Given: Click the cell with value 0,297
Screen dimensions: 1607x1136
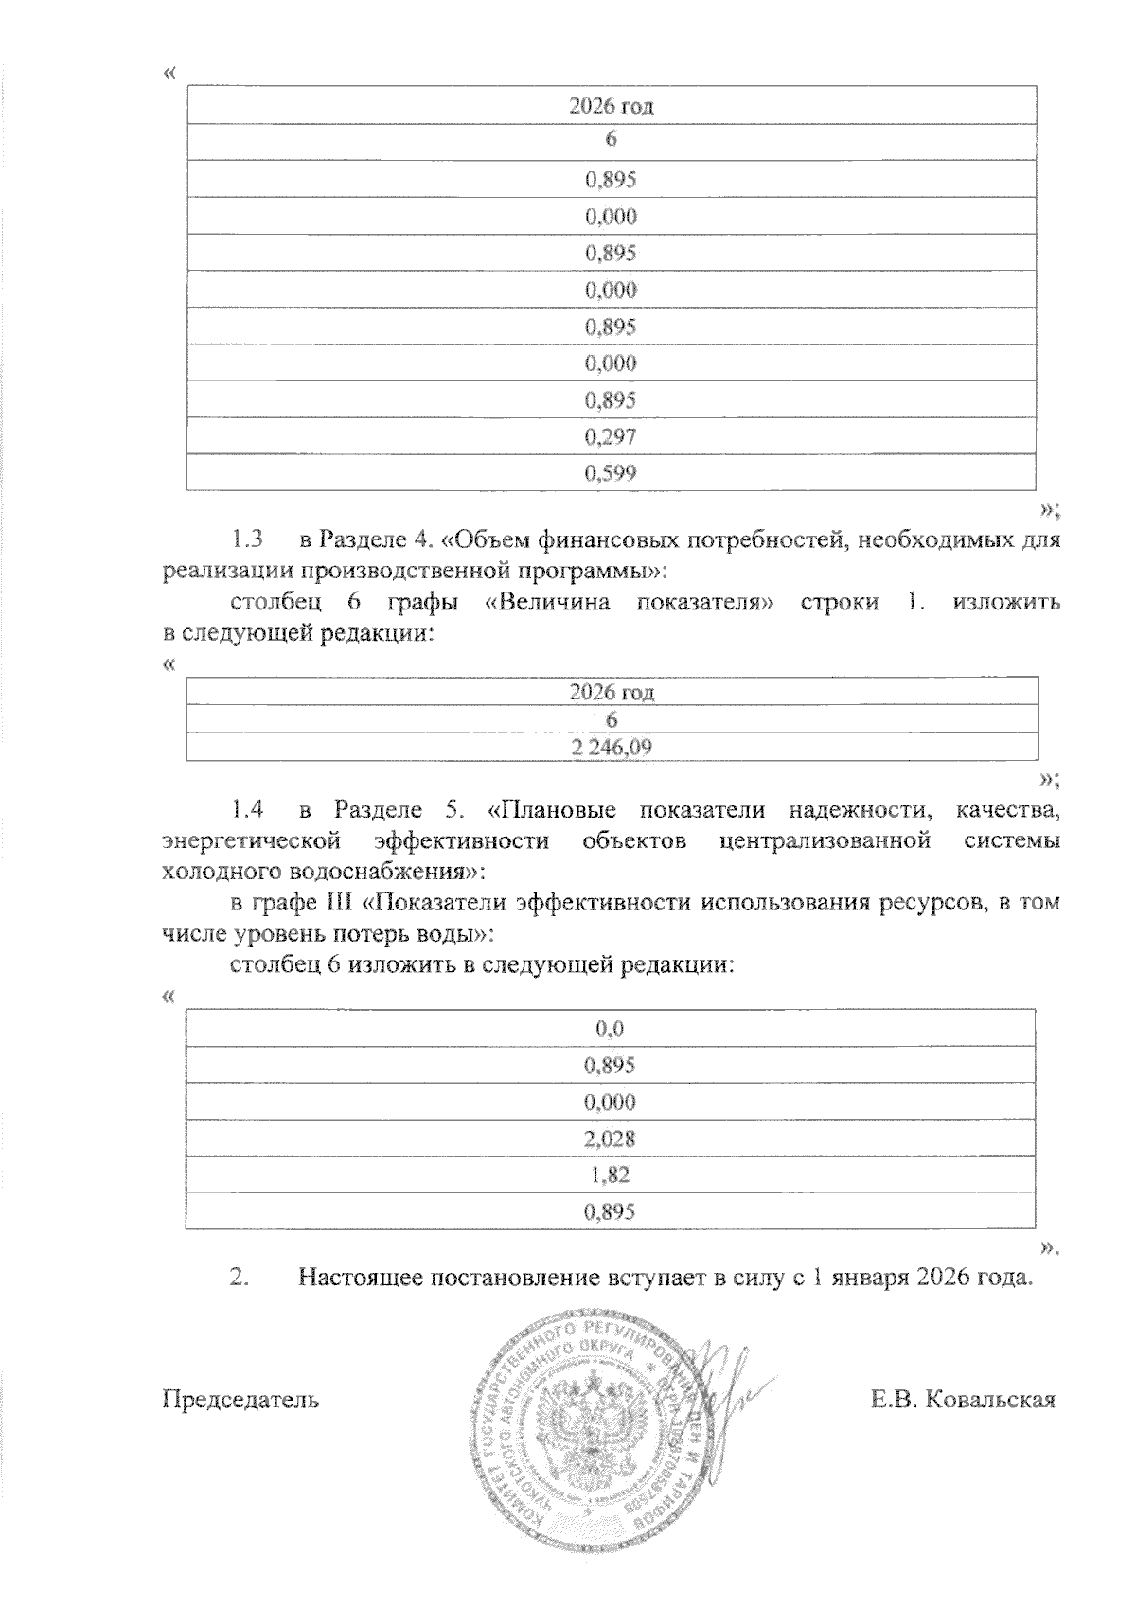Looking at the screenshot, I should (x=611, y=436).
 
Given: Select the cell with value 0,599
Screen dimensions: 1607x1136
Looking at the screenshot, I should (x=611, y=473).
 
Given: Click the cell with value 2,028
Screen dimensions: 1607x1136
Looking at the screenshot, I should (x=611, y=1139).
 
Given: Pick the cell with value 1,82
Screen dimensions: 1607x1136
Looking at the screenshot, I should (x=611, y=1175).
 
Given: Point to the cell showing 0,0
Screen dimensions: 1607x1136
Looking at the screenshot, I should (x=611, y=1029).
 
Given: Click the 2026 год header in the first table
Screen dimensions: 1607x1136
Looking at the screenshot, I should (x=611, y=105).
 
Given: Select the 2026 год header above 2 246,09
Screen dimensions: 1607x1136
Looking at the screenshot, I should (x=611, y=692).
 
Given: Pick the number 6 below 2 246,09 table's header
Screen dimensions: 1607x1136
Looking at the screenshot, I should (x=611, y=720).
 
